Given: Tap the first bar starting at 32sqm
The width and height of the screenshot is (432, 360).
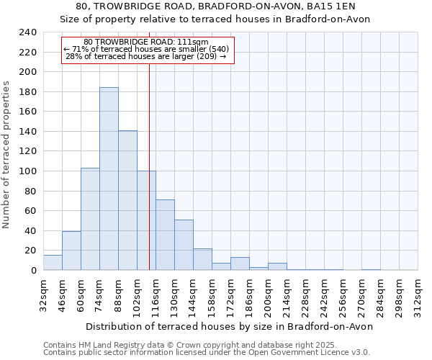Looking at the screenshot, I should [53, 263].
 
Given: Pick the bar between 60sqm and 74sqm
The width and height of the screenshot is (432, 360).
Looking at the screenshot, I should [90, 219].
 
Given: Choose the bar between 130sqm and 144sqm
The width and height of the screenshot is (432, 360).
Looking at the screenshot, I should [184, 245].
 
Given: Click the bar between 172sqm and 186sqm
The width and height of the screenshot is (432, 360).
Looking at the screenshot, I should [240, 264].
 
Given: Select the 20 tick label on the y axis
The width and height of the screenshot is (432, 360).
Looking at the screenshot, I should [30, 251].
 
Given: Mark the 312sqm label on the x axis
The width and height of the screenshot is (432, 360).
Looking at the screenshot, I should [418, 294].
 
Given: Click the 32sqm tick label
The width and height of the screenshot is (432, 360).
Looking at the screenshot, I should [44, 294].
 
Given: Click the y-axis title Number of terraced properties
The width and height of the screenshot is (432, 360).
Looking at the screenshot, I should [6, 155].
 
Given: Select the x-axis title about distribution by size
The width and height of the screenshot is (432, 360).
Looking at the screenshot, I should [230, 326].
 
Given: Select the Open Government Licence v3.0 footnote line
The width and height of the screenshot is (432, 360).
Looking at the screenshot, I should [207, 352].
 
